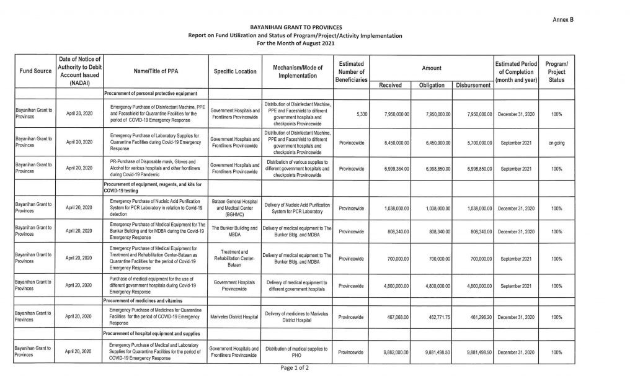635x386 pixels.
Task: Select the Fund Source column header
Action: tap(34, 71)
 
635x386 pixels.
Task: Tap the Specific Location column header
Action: tap(235, 71)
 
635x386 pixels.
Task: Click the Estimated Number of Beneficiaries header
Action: tap(352, 72)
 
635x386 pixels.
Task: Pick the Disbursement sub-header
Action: tap(473, 85)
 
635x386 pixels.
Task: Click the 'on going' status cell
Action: tap(556, 143)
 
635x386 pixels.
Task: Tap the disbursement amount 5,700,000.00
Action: tap(476, 143)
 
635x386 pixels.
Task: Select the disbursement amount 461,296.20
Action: tap(476, 316)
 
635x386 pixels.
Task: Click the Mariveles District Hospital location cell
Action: tap(235, 316)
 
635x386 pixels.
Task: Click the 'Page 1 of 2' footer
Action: tap(295, 368)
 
